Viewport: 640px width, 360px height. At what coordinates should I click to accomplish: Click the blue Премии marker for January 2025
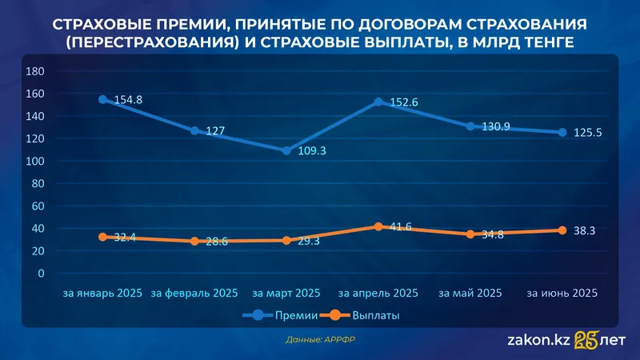click(x=102, y=100)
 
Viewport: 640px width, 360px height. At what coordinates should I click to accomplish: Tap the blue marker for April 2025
click(x=378, y=102)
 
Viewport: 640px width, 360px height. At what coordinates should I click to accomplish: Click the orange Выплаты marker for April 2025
click(x=378, y=227)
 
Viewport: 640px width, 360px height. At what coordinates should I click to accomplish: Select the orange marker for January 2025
click(x=102, y=237)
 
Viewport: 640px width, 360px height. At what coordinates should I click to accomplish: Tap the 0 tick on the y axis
click(x=40, y=274)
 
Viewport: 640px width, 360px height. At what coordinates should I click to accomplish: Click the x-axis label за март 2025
click(x=286, y=294)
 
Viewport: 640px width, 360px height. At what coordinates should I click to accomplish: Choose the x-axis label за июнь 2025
click(x=562, y=294)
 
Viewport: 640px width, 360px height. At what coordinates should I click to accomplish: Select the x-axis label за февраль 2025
click(x=194, y=294)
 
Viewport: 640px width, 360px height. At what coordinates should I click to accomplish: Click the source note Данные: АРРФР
click(x=320, y=340)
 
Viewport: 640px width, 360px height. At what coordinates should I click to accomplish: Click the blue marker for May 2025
click(x=470, y=126)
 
